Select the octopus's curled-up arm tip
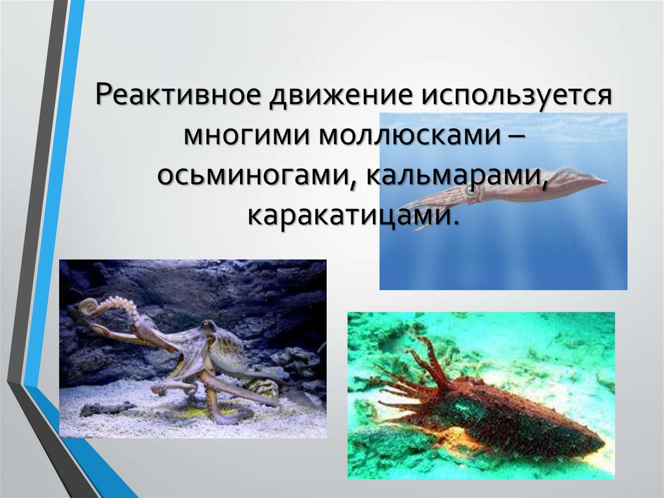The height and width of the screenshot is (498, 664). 89,305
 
